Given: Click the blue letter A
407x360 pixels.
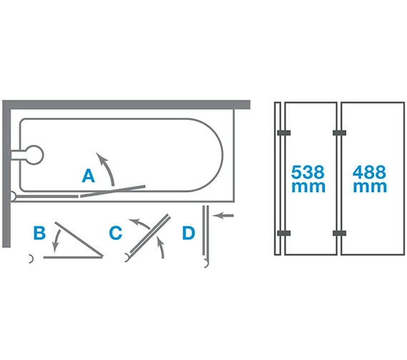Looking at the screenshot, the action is (x=89, y=176).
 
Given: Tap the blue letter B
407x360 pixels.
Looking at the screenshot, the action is (x=39, y=233).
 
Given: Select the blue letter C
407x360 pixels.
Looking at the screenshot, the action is (x=116, y=233).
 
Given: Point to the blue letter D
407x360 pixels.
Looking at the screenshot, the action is (x=189, y=233).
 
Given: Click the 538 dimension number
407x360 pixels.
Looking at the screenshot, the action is (x=308, y=172).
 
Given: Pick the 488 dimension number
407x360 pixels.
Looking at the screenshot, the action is (x=369, y=172).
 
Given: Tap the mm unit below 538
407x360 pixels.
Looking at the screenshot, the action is (x=308, y=187).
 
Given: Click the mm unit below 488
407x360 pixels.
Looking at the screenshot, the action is (x=370, y=187).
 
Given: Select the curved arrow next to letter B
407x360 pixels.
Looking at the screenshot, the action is (x=56, y=240).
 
